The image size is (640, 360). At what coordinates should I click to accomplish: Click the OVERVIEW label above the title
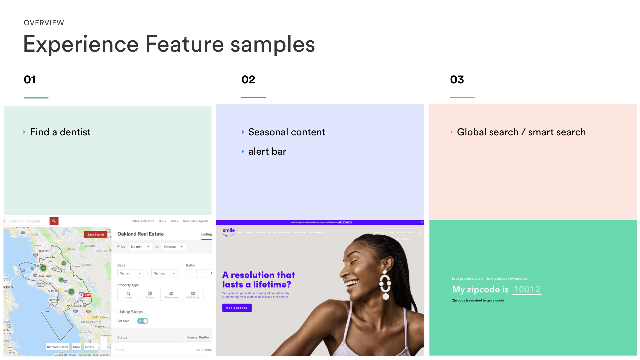pyautogui.click(x=44, y=23)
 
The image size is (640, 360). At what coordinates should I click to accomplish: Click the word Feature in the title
pyautogui.click(x=185, y=44)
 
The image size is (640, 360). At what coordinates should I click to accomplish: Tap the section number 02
pyautogui.click(x=248, y=80)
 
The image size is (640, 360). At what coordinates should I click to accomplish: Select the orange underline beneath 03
pyautogui.click(x=462, y=97)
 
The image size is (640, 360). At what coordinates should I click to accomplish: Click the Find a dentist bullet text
pyautogui.click(x=60, y=132)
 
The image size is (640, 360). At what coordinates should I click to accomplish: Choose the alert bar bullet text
pyautogui.click(x=267, y=152)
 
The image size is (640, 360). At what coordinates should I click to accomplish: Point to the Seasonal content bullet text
pyautogui.click(x=287, y=132)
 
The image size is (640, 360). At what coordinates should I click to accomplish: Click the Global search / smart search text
pyautogui.click(x=521, y=132)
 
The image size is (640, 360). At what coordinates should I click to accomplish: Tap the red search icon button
pyautogui.click(x=54, y=221)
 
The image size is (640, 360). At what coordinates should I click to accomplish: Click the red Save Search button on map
pyautogui.click(x=95, y=235)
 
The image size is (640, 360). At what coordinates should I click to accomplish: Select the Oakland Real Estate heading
pyautogui.click(x=140, y=234)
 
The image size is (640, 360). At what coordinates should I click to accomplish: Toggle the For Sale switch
pyautogui.click(x=143, y=321)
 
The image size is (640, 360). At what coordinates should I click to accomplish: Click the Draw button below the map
pyautogui.click(x=76, y=347)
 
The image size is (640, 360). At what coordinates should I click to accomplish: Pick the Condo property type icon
pyautogui.click(x=150, y=295)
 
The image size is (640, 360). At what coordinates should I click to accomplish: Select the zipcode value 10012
pyautogui.click(x=527, y=289)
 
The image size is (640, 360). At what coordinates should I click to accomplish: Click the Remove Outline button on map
pyautogui.click(x=57, y=347)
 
